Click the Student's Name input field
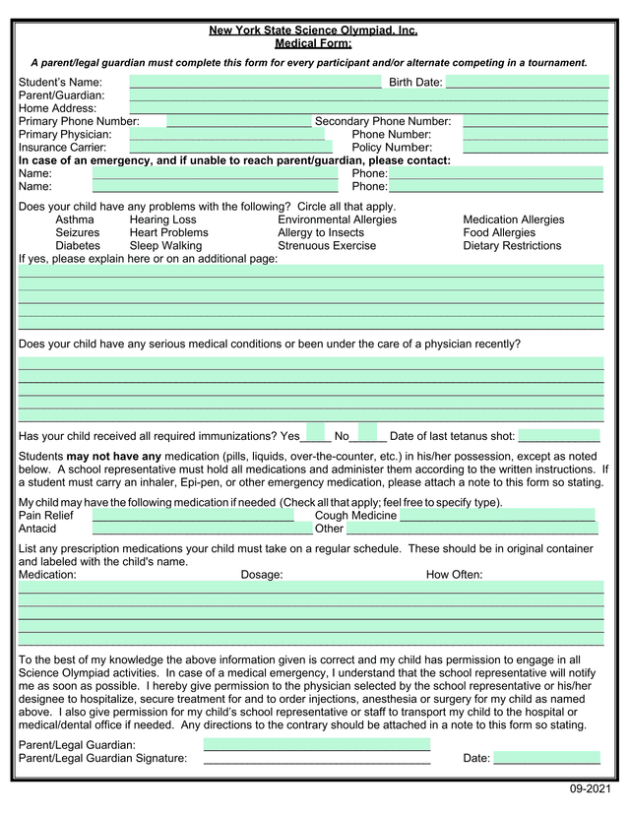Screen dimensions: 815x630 coord(255,82)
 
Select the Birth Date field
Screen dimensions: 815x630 coord(527,82)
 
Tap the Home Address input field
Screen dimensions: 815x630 coord(369,108)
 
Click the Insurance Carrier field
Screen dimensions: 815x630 coord(227,147)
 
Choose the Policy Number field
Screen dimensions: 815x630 coord(535,147)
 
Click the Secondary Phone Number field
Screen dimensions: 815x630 coord(535,121)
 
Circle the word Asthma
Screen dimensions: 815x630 coord(75,219)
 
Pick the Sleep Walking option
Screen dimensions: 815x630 coord(165,245)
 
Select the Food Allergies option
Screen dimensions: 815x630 coord(499,232)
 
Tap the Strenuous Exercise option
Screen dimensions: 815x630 coord(327,245)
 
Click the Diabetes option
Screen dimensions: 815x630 coord(78,245)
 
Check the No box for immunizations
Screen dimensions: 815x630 coord(367,435)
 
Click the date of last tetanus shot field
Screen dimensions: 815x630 coord(558,435)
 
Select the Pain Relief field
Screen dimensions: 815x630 coord(193,515)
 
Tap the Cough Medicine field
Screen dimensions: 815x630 coord(497,515)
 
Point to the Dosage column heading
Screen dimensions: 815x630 coord(262,574)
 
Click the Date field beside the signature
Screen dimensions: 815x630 coord(546,757)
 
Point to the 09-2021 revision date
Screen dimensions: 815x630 coord(591,790)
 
